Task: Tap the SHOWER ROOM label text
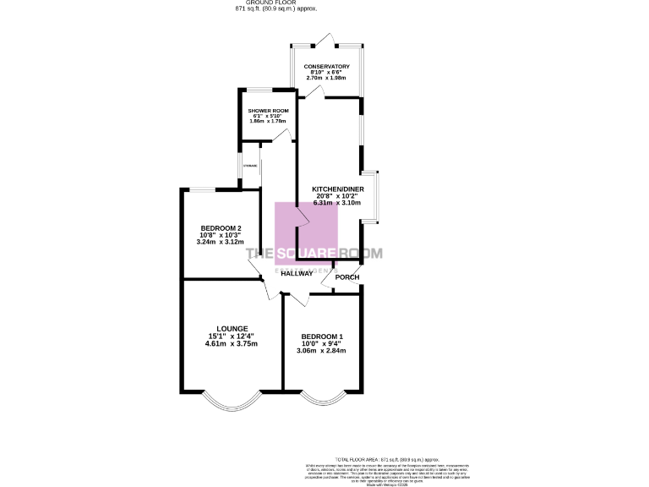point(268,111)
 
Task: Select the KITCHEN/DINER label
point(337,188)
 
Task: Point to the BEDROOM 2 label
point(221,228)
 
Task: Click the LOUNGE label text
point(232,329)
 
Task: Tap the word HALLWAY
point(297,273)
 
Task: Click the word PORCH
point(347,277)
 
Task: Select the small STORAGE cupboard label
point(250,166)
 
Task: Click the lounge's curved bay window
point(232,399)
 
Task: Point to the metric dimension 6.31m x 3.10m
point(337,203)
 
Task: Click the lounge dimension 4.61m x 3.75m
point(232,344)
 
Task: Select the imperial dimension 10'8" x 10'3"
point(221,235)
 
